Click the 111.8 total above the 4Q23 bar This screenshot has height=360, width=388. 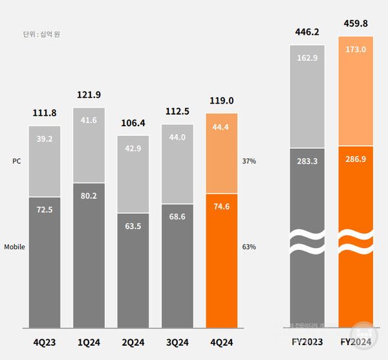(44, 114)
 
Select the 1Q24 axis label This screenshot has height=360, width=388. (89, 341)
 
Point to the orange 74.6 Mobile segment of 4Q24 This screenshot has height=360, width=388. (221, 259)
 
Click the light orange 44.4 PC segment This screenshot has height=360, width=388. (221, 153)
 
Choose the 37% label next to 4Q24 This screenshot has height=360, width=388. (249, 161)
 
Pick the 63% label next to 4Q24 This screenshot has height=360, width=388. (249, 247)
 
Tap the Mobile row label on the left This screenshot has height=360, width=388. (15, 247)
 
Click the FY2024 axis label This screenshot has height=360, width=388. (355, 341)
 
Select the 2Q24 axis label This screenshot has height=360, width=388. (133, 341)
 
